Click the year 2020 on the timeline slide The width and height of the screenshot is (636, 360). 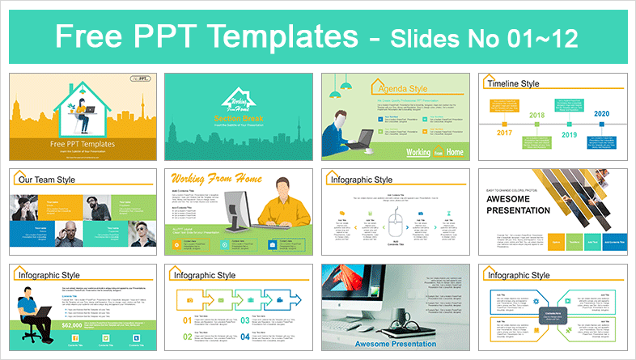599,115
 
